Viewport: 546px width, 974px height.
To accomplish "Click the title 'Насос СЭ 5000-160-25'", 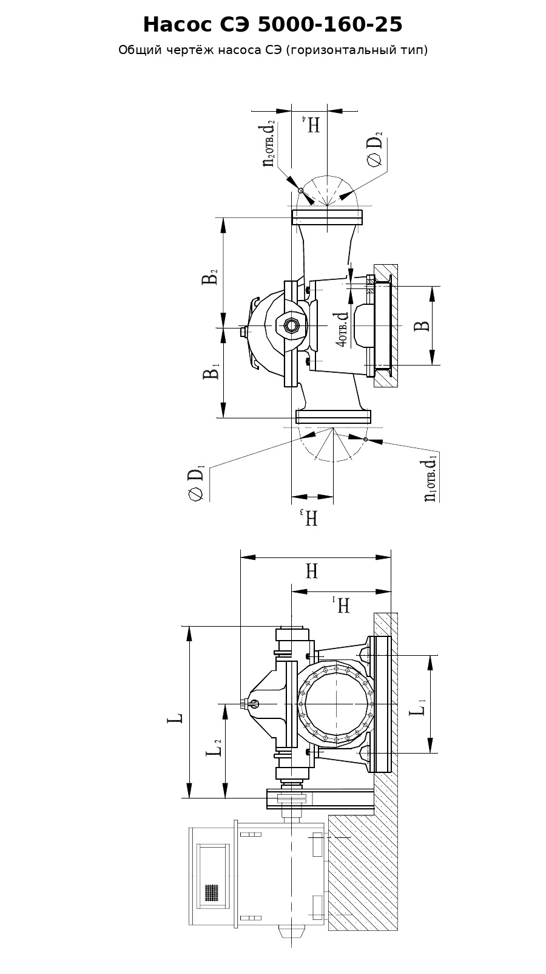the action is pos(273,25).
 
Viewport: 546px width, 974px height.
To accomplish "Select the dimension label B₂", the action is pos(209,276).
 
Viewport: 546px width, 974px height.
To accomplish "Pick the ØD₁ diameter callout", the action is pos(196,483).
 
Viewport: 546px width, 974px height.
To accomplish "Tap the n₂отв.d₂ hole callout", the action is pos(269,143).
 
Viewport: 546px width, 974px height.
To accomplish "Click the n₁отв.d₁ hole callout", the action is pos(431,478).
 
